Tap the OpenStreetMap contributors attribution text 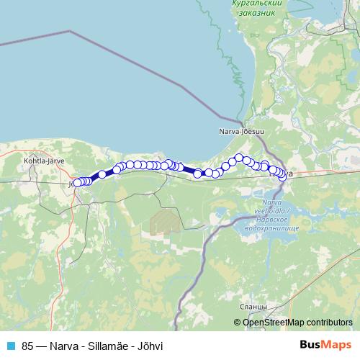[297, 323]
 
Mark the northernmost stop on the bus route [239, 158]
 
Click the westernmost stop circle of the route [77, 183]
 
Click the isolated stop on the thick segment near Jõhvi [102, 174]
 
